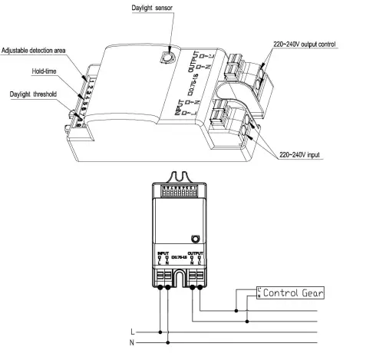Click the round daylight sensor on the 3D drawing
[x=166, y=56]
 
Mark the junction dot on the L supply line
[x=160, y=331]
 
